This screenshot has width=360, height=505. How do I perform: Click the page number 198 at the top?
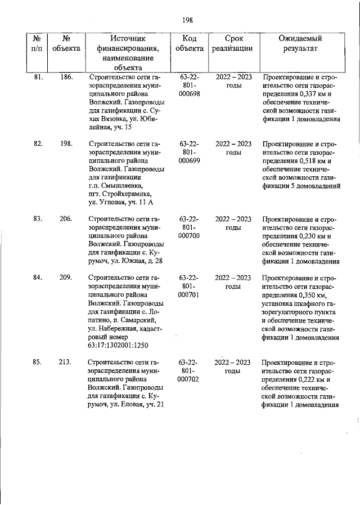(188, 20)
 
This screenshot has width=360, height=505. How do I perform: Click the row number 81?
(39, 77)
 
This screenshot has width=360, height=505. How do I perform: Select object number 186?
(66, 77)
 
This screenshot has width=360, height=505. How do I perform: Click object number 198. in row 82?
(66, 144)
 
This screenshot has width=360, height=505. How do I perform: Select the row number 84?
(39, 278)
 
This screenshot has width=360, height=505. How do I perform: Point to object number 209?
(66, 278)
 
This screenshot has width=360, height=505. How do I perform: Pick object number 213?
(66, 362)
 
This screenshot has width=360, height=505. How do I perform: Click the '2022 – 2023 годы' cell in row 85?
(233, 367)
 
